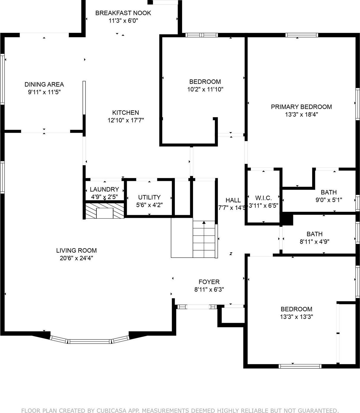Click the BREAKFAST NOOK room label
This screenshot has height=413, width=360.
(123, 13)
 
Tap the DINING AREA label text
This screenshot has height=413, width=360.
(44, 85)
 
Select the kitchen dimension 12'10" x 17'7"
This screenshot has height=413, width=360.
(126, 120)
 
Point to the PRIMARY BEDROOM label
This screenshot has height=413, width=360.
(301, 107)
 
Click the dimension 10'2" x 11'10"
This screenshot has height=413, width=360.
(205, 89)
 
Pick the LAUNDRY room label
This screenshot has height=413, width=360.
(104, 189)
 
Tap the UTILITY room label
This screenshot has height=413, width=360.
(149, 197)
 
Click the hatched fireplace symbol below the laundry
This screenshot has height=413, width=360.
(104, 211)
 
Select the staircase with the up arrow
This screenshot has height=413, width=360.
(204, 239)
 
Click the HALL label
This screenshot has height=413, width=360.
(233, 200)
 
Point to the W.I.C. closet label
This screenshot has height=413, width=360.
(263, 198)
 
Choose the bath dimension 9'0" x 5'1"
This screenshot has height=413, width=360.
(328, 200)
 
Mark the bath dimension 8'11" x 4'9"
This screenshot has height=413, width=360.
(314, 242)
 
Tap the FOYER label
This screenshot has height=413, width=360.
(209, 282)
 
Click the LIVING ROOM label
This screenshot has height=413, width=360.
(76, 251)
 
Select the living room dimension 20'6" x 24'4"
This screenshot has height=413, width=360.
(76, 258)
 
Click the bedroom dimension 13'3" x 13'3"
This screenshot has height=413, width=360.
(296, 317)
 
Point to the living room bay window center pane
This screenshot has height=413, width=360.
(90, 341)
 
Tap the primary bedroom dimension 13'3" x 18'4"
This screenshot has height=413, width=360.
(301, 115)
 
